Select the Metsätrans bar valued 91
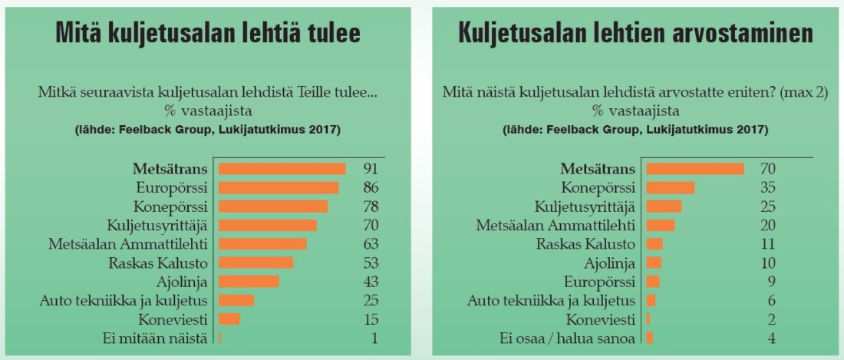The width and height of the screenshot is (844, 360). tap(282, 169)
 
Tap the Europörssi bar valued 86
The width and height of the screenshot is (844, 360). tap(279, 187)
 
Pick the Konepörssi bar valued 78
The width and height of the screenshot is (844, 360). tap(273, 206)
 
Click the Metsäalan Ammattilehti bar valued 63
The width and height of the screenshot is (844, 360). tap(262, 243)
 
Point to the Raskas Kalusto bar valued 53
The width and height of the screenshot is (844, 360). tap(256, 263)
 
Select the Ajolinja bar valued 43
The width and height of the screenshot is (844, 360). tap(249, 281)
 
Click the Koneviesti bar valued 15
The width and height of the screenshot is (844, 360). tap(229, 319)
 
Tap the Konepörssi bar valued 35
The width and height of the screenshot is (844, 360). tap(671, 187)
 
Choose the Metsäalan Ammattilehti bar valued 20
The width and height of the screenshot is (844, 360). tap(661, 225)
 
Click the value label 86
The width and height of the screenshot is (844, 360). tap(371, 187)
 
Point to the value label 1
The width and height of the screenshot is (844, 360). tap(374, 337)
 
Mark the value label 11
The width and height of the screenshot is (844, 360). tap(767, 244)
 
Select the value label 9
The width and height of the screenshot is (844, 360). tap(771, 281)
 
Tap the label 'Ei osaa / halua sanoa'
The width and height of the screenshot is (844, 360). tap(574, 338)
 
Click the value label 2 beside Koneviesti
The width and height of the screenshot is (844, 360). tap(771, 319)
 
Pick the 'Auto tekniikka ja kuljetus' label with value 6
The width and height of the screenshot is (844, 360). tap(552, 300)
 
